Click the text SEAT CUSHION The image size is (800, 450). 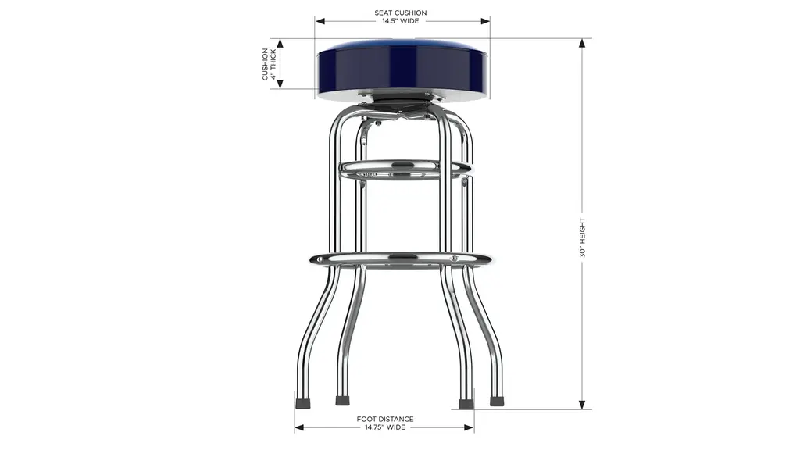click(x=401, y=12)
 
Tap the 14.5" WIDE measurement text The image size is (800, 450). click(x=401, y=21)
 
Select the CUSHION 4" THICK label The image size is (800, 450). click(x=269, y=64)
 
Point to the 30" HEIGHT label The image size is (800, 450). click(x=582, y=237)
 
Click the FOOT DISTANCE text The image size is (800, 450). click(x=385, y=419)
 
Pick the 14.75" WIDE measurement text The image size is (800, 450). click(x=385, y=427)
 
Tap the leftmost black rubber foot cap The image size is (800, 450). click(x=302, y=402)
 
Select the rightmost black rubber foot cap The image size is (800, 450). click(x=496, y=401)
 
